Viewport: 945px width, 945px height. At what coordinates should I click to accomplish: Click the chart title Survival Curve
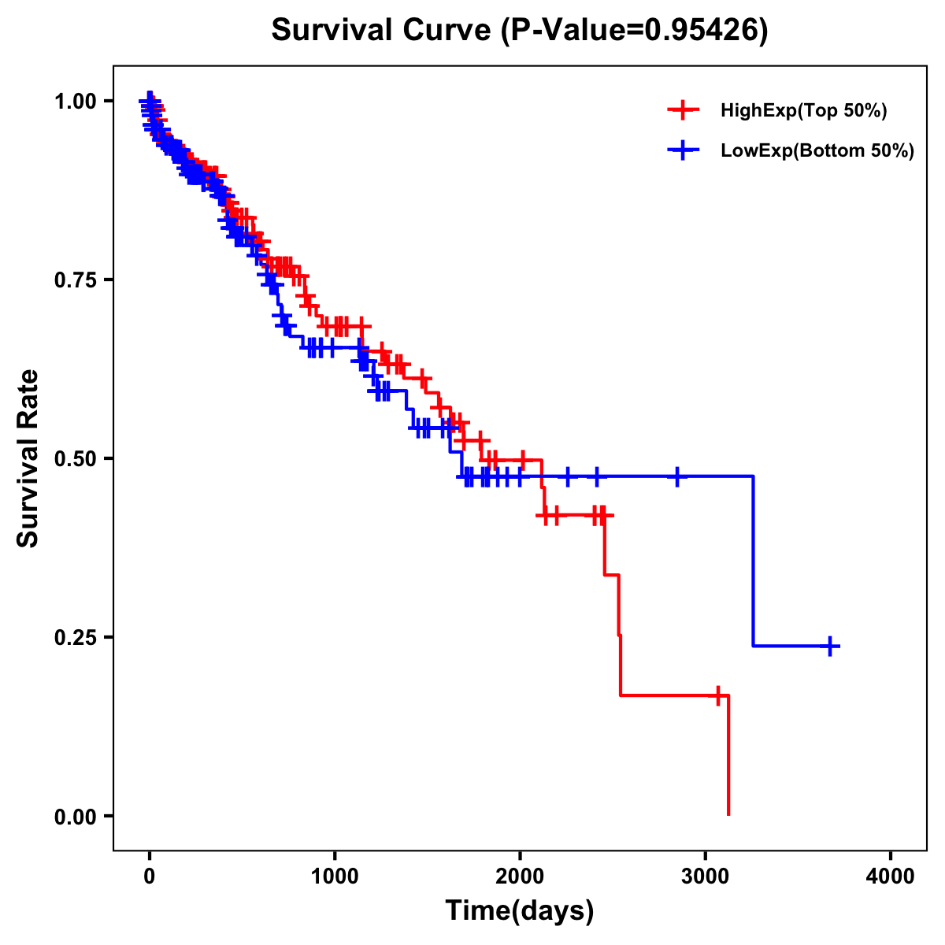click(x=519, y=30)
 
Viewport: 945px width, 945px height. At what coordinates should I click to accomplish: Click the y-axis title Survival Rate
click(x=28, y=458)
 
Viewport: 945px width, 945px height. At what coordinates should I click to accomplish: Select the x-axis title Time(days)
click(x=519, y=910)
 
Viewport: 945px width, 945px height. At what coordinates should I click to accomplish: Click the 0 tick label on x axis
click(x=150, y=876)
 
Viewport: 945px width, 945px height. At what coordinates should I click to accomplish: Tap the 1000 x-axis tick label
click(x=335, y=876)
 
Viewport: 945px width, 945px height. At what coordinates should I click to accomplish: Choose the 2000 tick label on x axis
click(x=520, y=876)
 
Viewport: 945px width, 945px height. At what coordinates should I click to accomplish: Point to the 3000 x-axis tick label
click(x=706, y=876)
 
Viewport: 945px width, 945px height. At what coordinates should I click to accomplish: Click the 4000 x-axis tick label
click(x=891, y=876)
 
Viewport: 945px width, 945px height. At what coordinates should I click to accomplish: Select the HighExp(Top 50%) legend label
click(x=803, y=111)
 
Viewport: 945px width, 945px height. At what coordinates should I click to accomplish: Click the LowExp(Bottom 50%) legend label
click(x=817, y=151)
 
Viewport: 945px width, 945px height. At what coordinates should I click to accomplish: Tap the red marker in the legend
click(x=684, y=111)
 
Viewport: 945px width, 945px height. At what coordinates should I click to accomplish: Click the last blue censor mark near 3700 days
click(x=830, y=647)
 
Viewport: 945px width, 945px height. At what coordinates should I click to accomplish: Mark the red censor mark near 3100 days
click(x=718, y=695)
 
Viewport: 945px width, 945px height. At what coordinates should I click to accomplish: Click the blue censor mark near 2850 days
click(x=676, y=476)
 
